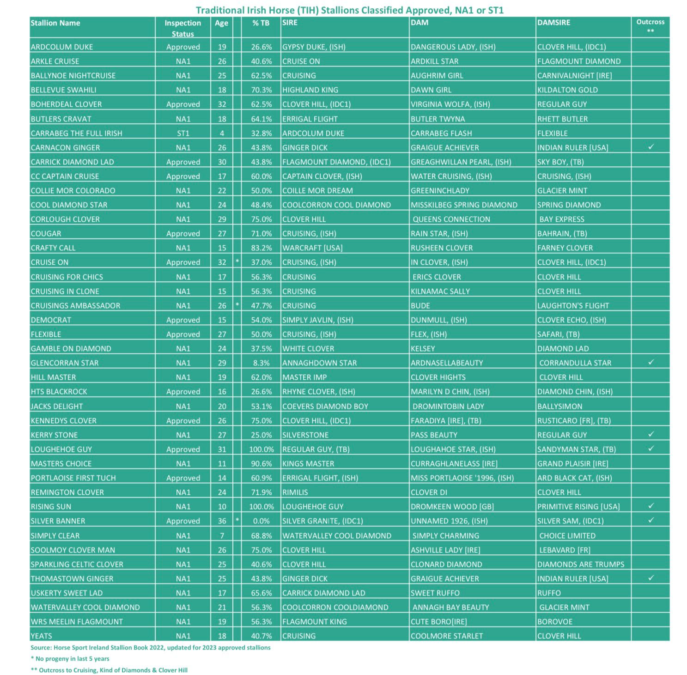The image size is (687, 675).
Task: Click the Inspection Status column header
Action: [182, 28]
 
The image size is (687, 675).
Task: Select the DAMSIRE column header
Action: [553, 23]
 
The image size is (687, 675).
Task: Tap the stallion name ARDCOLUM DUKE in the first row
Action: [61, 47]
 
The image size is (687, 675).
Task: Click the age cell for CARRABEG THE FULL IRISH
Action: [222, 134]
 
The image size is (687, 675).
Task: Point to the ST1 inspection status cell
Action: [183, 134]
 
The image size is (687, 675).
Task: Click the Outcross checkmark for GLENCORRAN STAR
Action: [651, 362]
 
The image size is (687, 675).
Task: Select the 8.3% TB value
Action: [261, 363]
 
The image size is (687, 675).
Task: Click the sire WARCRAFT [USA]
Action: [312, 248]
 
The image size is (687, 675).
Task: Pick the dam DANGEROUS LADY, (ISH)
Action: [453, 47]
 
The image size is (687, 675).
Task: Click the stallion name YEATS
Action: [41, 636]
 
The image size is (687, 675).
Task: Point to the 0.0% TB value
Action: [261, 521]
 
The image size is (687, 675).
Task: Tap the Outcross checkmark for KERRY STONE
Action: [651, 434]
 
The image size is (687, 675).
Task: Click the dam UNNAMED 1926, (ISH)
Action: [449, 521]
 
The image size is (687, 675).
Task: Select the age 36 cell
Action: [222, 521]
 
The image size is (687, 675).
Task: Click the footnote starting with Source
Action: [150, 648]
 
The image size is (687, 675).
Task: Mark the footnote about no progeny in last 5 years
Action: [70, 659]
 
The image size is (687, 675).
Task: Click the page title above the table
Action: [349, 10]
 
